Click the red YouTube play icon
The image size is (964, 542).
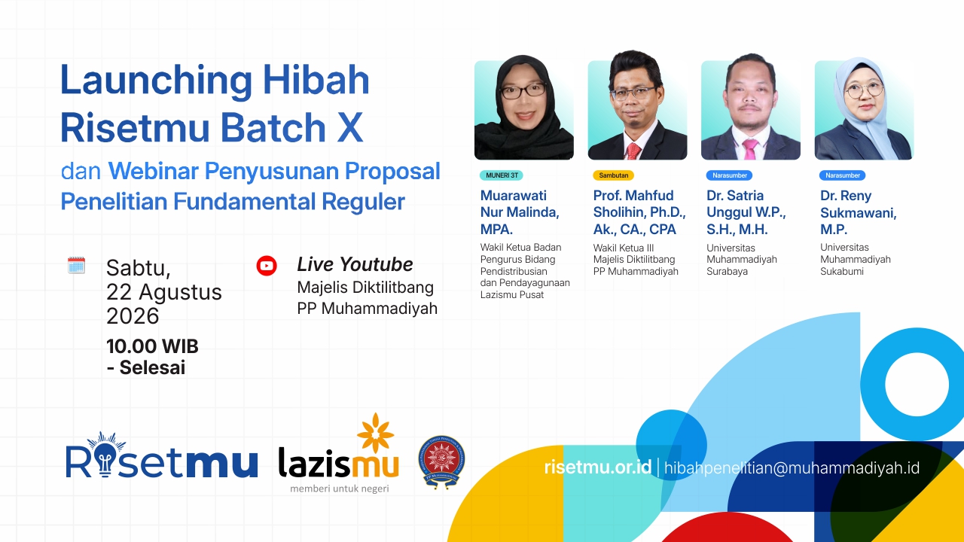pos(267,266)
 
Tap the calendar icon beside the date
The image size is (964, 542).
pos(76,265)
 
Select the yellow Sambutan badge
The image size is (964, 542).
pos(613,175)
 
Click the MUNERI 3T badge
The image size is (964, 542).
pos(502,175)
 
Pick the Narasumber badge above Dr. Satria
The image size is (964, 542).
pos(730,175)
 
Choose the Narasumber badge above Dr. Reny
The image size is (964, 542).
pos(843,175)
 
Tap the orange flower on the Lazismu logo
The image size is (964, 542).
pos(375,433)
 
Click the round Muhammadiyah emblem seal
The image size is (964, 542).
pos(441,462)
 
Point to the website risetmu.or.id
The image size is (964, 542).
pos(598,467)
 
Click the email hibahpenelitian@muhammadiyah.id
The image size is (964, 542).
pos(792,468)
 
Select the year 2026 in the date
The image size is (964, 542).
pos(133,316)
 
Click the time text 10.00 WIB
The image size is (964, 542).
pos(152,346)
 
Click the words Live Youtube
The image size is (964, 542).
pos(355,264)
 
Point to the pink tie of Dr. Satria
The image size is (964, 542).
pos(749,149)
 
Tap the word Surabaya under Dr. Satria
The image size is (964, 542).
pos(727,272)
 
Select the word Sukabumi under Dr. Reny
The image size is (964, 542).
pos(842,272)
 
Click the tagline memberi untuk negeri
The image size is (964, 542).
pos(340,489)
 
